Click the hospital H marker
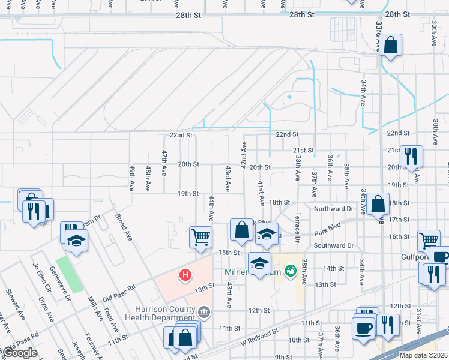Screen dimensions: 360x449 point(186,275)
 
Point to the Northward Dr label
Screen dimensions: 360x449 point(333,209)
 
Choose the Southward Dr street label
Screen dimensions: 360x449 point(333,245)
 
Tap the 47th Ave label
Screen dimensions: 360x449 point(163,163)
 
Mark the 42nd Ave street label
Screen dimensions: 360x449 point(244,154)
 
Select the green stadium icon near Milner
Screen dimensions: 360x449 point(291,271)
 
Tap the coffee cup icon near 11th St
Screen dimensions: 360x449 point(364,328)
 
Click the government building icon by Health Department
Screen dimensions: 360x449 point(205,311)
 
